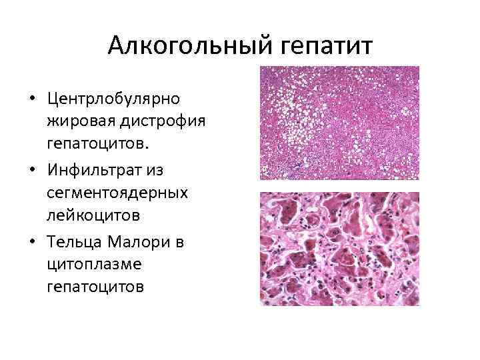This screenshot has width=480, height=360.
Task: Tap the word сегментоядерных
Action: coord(117,193)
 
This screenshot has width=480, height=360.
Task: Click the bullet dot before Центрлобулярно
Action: coord(32,99)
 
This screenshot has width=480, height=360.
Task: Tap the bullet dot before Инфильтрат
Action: coord(32,170)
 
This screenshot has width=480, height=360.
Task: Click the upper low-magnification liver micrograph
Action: coord(339,123)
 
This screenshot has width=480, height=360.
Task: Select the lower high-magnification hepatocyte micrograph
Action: coord(339,249)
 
